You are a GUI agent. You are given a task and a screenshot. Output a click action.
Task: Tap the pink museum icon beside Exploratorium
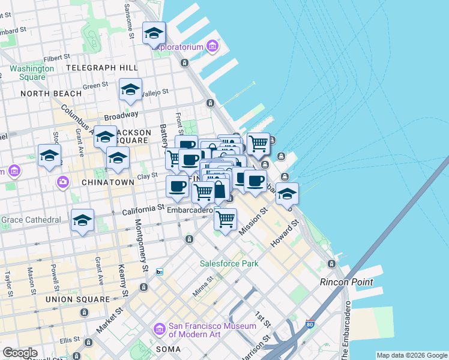point(211,46)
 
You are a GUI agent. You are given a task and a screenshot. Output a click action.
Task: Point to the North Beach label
point(51,94)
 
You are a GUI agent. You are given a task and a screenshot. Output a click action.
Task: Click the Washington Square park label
point(31,73)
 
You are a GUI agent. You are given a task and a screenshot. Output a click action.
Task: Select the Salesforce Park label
point(229,263)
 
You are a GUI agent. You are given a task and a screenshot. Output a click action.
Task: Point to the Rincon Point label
point(346,282)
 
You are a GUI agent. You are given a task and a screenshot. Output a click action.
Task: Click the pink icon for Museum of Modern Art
point(159,329)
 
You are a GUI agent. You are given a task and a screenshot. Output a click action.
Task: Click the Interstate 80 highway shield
point(310,323)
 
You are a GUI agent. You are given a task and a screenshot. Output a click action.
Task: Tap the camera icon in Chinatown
point(63,181)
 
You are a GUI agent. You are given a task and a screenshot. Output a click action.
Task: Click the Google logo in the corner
point(20,353)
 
